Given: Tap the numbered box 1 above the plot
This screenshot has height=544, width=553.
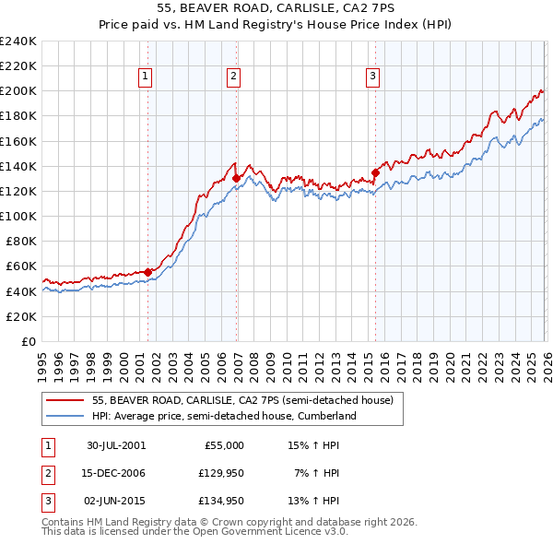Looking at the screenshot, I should click(146, 77).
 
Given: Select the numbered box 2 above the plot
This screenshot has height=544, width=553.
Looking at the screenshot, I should click(234, 77).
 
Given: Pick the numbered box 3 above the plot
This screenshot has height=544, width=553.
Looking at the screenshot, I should click(372, 77).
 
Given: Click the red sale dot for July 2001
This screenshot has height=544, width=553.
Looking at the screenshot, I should click(148, 272).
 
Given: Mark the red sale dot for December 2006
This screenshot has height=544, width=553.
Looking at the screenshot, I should click(237, 178).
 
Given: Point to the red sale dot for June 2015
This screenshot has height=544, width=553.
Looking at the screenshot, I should click(375, 171).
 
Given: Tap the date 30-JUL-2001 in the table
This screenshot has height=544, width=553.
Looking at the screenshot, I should click(116, 445).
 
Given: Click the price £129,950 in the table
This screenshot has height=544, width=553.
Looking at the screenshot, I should click(221, 473).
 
